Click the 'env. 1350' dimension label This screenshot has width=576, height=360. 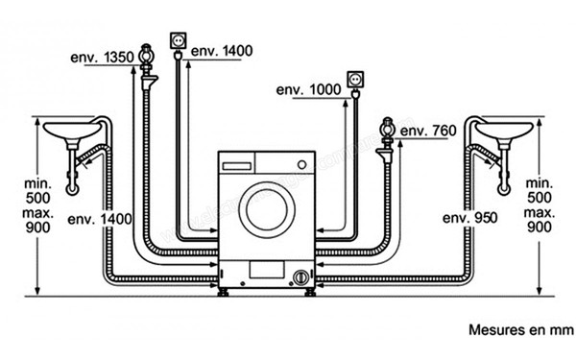coord(102,58)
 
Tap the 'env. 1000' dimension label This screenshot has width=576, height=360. coord(308,89)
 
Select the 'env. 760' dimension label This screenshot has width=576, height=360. coord(428,131)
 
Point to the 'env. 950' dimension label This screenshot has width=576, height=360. coord(469,218)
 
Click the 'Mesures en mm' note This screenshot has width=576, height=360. coord(521,329)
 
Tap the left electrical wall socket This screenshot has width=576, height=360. coord(179,40)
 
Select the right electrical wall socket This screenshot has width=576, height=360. coord(355,80)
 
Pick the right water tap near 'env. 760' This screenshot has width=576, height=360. coord(387,140)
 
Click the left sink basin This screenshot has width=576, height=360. coord(72,131)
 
